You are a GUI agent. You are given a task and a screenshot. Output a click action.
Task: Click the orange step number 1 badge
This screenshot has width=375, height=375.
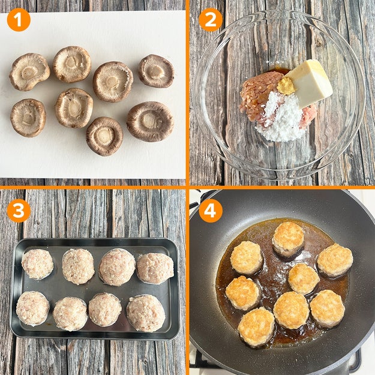tap(19, 20)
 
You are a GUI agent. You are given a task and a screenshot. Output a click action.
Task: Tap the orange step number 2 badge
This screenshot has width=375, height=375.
tap(211, 20)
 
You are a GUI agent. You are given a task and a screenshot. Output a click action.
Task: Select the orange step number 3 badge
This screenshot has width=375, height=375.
tap(19, 211)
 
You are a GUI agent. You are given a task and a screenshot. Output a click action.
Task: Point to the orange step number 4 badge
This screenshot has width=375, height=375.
tap(211, 211)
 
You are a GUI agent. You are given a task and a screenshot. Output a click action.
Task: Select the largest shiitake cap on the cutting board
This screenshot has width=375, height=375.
tap(150, 121)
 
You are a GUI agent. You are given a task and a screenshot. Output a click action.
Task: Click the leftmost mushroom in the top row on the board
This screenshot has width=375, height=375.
tap(29, 72)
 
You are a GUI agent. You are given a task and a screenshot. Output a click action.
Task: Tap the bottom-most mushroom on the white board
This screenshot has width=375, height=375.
tap(104, 136)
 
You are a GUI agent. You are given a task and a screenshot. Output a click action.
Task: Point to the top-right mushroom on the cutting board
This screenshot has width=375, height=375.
tap(157, 71)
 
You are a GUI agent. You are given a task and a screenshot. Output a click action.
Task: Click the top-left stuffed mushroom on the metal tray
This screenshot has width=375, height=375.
tap(38, 264)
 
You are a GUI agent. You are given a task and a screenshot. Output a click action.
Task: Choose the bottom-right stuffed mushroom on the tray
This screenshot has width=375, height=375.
tap(146, 313)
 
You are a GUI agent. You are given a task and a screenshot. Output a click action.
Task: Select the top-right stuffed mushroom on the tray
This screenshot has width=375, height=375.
tap(155, 268)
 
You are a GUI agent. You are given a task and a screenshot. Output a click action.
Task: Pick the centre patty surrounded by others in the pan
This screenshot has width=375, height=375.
tap(304, 278)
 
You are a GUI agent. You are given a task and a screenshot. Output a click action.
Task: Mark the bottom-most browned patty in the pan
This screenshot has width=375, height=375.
tap(256, 326)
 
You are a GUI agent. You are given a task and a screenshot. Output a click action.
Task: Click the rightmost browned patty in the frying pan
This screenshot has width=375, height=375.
tap(335, 260)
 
